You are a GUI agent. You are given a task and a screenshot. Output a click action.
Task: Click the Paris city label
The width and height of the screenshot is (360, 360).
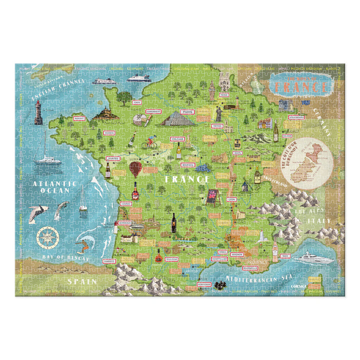[188, 112]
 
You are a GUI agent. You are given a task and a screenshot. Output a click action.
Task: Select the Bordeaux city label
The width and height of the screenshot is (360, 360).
[125, 223]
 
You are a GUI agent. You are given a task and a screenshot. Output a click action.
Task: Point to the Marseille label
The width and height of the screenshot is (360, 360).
[250, 267]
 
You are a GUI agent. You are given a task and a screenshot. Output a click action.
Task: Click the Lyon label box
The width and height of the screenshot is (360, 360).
[232, 199]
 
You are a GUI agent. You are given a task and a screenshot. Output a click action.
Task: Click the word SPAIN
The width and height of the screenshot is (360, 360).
[82, 281]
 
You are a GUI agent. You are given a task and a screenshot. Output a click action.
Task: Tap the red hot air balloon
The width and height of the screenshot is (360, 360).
[135, 169]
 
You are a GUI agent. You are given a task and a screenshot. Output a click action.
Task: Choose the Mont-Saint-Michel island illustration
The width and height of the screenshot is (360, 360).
[105, 113]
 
